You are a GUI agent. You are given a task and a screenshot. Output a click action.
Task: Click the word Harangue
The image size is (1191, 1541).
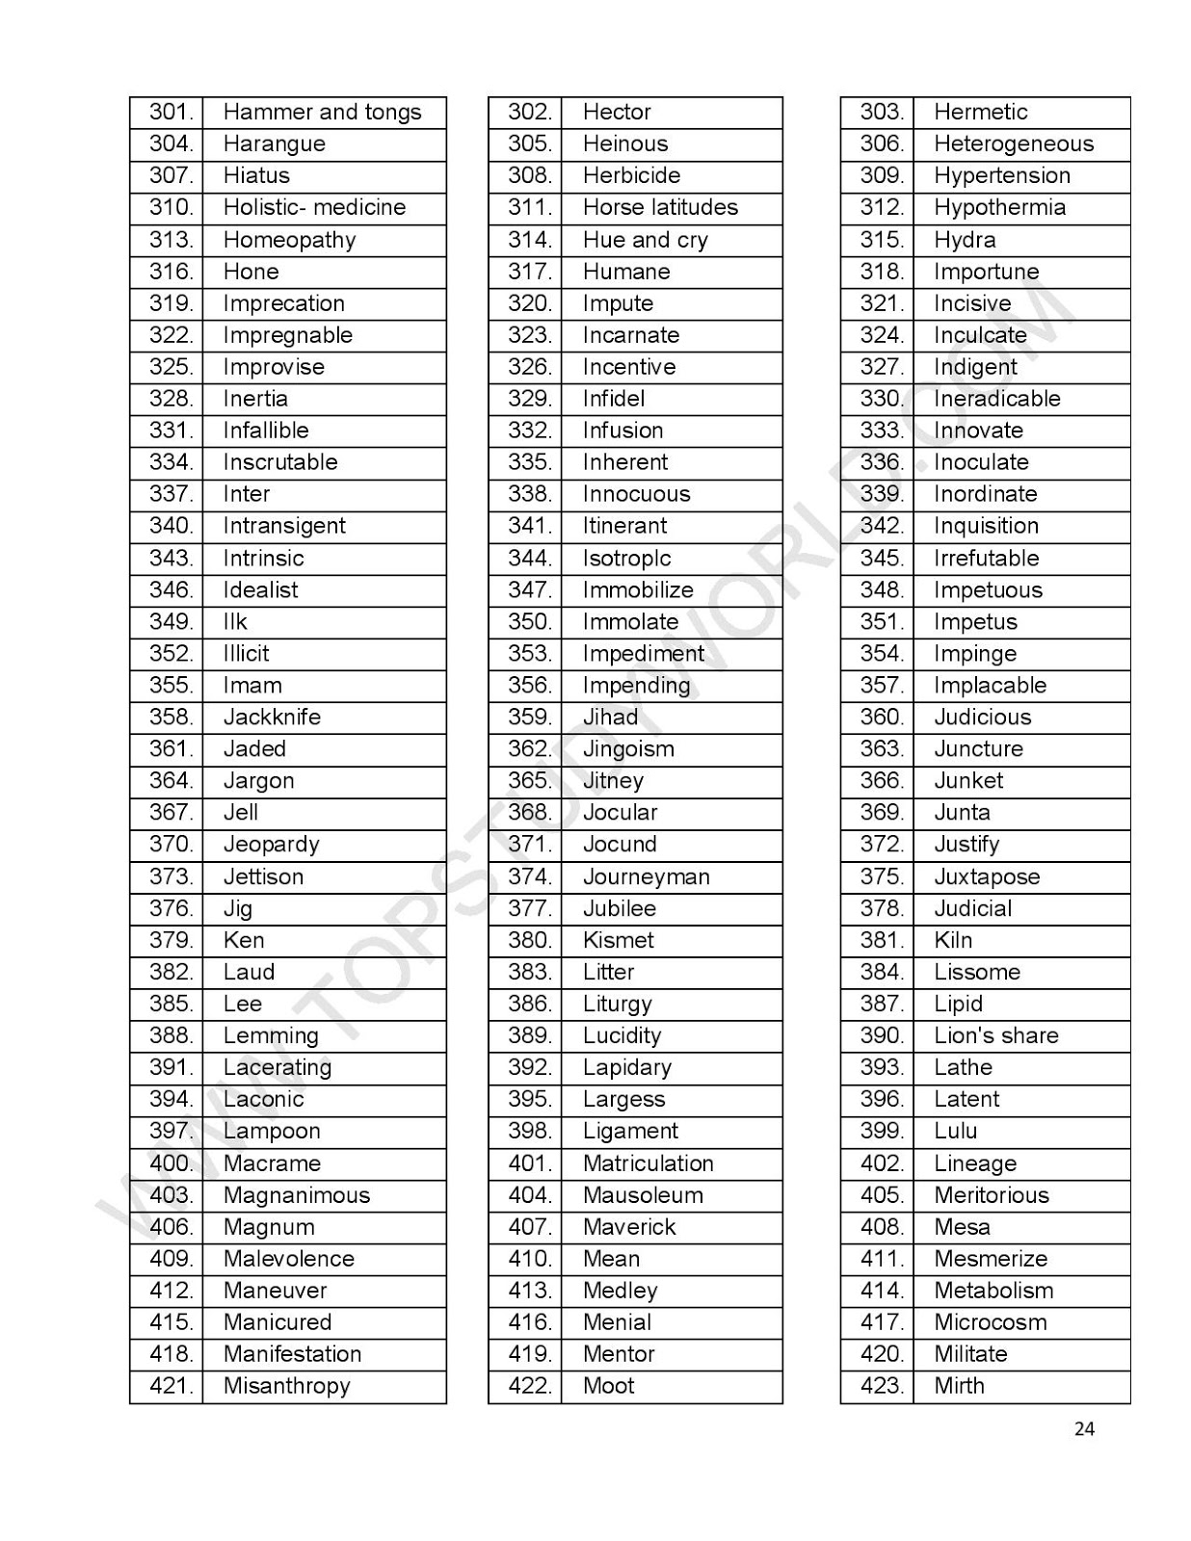point(274,144)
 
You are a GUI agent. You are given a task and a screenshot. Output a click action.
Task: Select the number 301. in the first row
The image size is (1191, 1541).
point(171,113)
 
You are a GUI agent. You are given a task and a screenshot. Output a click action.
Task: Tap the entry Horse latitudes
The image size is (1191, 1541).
point(660,208)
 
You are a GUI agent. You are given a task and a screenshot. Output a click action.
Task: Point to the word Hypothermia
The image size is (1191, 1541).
point(999,208)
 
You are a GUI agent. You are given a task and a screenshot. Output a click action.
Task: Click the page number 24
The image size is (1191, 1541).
point(1084,1429)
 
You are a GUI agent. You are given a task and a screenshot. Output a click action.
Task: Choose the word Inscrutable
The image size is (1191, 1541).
point(280,462)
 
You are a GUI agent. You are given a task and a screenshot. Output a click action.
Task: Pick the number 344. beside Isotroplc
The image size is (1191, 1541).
point(529,559)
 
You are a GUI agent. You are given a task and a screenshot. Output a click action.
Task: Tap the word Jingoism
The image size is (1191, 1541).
point(628,749)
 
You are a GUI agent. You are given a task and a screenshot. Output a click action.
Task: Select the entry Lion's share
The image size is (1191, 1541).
point(995,1036)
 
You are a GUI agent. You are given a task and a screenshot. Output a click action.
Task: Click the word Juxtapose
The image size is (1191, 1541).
point(987,877)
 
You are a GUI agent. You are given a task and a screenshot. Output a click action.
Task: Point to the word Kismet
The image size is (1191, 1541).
point(618,941)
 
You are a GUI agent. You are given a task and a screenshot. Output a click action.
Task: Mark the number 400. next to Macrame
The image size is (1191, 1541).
point(171,1163)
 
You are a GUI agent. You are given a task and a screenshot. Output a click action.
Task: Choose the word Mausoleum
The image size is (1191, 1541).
point(643,1195)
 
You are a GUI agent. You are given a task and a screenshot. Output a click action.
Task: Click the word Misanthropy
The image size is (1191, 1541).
point(286,1387)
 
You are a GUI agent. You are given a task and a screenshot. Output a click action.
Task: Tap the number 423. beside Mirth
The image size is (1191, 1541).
point(882,1387)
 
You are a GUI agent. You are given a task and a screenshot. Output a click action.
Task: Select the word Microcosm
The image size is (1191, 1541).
point(990,1323)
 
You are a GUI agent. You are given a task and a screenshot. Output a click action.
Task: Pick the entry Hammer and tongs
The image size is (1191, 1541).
point(322,113)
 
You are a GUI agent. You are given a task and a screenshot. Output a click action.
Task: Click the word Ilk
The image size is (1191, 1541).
point(235,622)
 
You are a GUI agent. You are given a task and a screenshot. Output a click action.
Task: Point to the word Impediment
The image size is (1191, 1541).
point(643,654)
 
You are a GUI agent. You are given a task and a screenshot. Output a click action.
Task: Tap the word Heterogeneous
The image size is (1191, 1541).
point(1014,144)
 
